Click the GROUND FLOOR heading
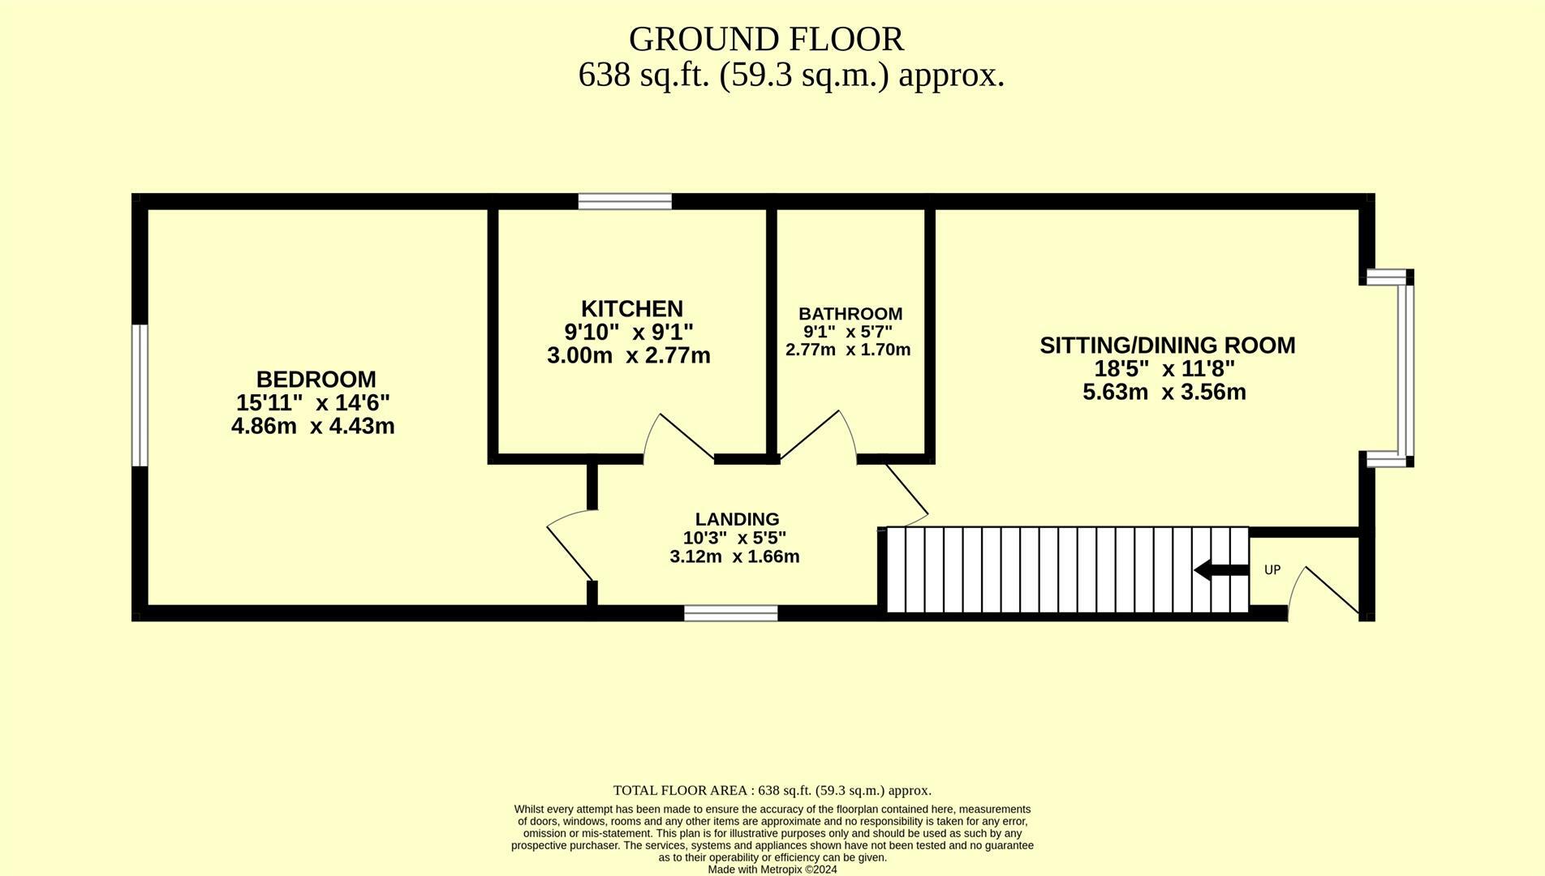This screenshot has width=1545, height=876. (x=766, y=39)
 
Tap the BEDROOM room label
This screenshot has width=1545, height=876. (x=316, y=380)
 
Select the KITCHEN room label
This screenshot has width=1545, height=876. (x=631, y=309)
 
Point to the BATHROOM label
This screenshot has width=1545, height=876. (x=850, y=314)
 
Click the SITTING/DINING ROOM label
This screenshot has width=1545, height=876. (x=1167, y=346)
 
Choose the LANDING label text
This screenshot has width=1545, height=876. (x=737, y=519)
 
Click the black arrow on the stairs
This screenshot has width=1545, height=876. (x=1220, y=570)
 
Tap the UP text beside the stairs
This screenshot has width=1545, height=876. (x=1272, y=570)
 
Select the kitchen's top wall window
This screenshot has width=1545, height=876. (x=625, y=201)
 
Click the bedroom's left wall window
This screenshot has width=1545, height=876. (x=140, y=395)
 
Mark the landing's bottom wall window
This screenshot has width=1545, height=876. (x=730, y=613)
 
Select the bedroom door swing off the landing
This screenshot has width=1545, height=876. (x=570, y=543)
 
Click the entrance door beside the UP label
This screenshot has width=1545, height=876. (x=1327, y=590)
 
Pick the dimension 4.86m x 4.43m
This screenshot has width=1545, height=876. (x=312, y=426)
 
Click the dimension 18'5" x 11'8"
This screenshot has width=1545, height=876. (x=1164, y=369)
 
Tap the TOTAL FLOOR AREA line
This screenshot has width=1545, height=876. (x=772, y=790)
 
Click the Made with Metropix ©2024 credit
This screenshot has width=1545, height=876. (x=772, y=870)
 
